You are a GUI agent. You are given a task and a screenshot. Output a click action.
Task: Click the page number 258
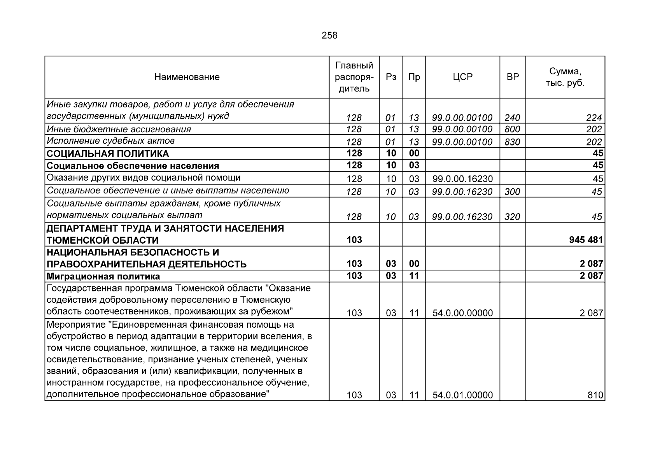point(329,36)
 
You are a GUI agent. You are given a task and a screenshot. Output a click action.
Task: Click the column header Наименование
point(187,77)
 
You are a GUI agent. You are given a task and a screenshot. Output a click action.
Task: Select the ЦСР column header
point(462,77)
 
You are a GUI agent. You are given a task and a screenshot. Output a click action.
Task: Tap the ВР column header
point(513,77)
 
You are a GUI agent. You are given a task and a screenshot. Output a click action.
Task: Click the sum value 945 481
point(586,240)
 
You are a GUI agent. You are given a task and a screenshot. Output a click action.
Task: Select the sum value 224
point(594,118)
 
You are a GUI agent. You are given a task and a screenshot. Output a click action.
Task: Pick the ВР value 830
point(512,142)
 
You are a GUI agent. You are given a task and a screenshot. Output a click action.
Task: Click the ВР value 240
point(512,118)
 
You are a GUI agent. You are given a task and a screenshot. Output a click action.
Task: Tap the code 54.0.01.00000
point(462,395)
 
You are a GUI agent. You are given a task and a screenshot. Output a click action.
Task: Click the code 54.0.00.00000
point(462,313)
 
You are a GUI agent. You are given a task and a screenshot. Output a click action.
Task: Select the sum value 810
point(595,395)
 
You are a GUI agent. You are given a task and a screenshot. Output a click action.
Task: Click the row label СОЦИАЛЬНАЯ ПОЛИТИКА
point(108,154)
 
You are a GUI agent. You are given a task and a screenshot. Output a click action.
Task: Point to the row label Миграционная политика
point(103,277)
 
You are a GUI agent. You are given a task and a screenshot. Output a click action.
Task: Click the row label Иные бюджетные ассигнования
point(119,129)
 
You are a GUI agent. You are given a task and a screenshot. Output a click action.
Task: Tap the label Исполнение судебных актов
point(110,141)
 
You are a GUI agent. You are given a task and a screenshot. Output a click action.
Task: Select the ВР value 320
point(512,217)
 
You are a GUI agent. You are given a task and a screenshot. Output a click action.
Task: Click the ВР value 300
point(512,192)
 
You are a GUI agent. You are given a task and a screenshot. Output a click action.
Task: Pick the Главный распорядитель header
point(354,77)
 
